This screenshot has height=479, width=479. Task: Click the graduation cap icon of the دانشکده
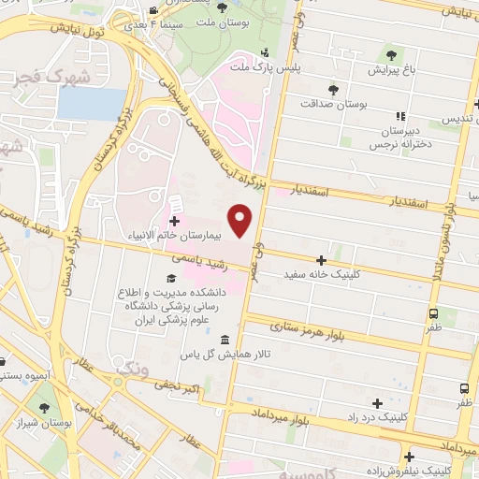click(172, 279)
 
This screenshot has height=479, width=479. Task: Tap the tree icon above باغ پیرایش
click(390, 53)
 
